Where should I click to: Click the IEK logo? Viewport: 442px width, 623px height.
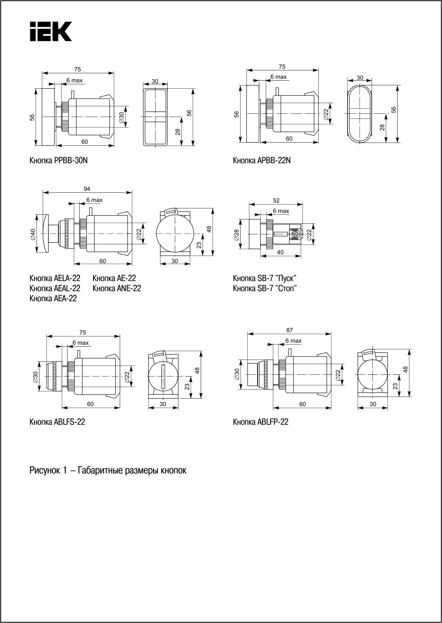tap(50, 31)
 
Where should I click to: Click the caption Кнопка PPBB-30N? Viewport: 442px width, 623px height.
tap(59, 160)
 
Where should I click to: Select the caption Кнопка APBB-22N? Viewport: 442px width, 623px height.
tap(262, 160)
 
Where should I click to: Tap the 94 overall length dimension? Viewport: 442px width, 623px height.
tap(87, 189)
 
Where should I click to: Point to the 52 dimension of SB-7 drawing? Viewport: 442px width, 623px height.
tap(276, 201)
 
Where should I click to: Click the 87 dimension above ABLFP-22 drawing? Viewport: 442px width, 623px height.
tap(290, 330)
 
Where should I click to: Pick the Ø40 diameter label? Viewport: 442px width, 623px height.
tap(33, 234)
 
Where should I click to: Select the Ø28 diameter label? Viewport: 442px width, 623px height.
tap(237, 234)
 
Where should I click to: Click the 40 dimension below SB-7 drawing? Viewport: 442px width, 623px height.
tap(280, 252)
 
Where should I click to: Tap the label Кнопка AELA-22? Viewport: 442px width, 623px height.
tap(55, 278)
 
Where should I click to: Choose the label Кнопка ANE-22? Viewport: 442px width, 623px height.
tap(117, 288)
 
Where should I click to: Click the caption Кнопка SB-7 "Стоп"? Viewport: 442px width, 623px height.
tap(265, 288)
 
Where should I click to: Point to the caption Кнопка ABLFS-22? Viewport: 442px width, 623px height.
tap(57, 422)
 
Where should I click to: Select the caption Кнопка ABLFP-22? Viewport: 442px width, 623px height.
tap(260, 422)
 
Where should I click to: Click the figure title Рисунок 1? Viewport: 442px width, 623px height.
tap(108, 470)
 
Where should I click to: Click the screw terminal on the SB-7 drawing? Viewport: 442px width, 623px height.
tap(295, 234)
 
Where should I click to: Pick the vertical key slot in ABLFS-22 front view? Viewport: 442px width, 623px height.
tap(163, 377)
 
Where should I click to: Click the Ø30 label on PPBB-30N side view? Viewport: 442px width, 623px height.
tap(122, 117)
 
